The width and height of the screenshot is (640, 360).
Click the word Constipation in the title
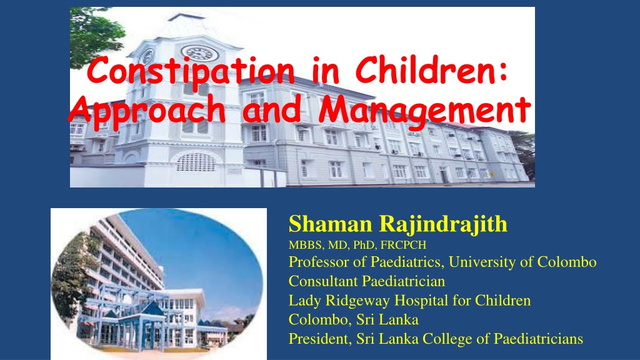[190, 72]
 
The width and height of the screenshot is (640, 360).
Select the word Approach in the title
[147, 111]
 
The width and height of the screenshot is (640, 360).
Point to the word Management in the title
[424, 111]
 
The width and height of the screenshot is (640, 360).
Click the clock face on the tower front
[199, 54]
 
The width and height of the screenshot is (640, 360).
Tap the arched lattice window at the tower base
[196, 162]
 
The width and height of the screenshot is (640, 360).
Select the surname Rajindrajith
[443, 225]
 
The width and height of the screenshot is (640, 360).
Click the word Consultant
[323, 281]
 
